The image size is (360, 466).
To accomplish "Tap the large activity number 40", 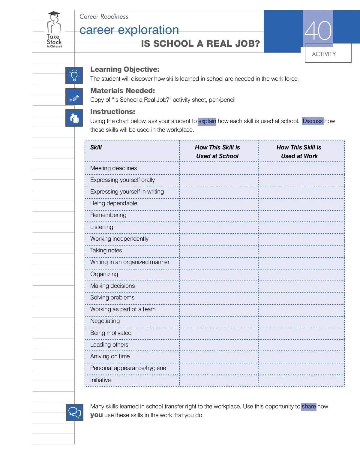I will pyautogui.click(x=318, y=31).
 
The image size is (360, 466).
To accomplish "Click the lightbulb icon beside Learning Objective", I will pyautogui.click(x=74, y=75).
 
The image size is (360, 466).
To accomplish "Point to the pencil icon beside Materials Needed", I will pyautogui.click(x=74, y=97).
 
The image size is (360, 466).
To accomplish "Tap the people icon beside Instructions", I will pyautogui.click(x=74, y=118).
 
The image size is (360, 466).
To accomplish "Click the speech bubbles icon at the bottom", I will pyautogui.click(x=74, y=412).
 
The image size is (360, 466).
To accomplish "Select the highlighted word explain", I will pyautogui.click(x=207, y=121).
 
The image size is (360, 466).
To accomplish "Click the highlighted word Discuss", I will pyautogui.click(x=312, y=121).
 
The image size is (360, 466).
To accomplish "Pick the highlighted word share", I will pyautogui.click(x=309, y=407).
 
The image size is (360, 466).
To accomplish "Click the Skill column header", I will pyautogui.click(x=96, y=147).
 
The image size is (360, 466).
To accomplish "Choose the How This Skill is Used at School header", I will pyautogui.click(x=217, y=152).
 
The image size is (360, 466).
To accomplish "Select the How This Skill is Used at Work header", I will pyautogui.click(x=299, y=152).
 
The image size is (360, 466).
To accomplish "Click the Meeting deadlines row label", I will pyautogui.click(x=113, y=168).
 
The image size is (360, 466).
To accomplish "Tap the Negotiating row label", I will pyautogui.click(x=105, y=321).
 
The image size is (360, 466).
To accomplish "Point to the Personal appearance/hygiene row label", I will pyautogui.click(x=128, y=368).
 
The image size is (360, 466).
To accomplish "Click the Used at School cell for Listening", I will pyautogui.click(x=219, y=227).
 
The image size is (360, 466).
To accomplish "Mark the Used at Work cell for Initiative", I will pyautogui.click(x=301, y=380).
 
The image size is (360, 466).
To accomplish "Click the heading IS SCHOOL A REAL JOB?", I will pyautogui.click(x=200, y=44).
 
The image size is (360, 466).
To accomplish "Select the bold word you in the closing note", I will pyautogui.click(x=97, y=415).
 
